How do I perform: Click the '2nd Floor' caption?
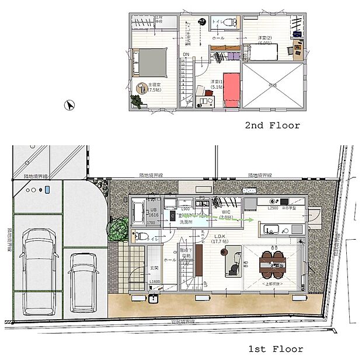point(272,125)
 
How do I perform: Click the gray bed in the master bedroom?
point(151,61)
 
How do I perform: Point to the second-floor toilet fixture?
point(228,23)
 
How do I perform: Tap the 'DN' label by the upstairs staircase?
point(186,55)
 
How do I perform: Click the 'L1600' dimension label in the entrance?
point(155,282)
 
